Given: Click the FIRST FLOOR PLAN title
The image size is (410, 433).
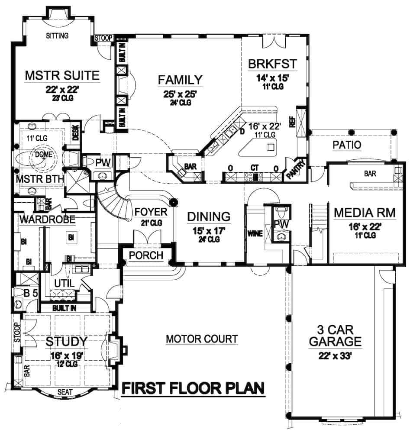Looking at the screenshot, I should (x=193, y=388).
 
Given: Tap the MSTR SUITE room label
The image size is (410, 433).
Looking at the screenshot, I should (x=62, y=75).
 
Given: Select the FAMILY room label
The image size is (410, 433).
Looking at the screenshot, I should (x=180, y=80).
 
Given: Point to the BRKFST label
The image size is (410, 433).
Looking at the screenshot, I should (x=273, y=65).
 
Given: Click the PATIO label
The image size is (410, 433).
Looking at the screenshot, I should (x=347, y=145).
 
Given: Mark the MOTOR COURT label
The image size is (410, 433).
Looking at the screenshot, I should (x=202, y=339).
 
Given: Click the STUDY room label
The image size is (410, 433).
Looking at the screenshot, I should (x=67, y=342).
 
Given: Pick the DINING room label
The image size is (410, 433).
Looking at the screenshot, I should (x=208, y=216).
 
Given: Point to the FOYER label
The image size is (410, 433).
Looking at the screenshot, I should (x=151, y=212).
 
